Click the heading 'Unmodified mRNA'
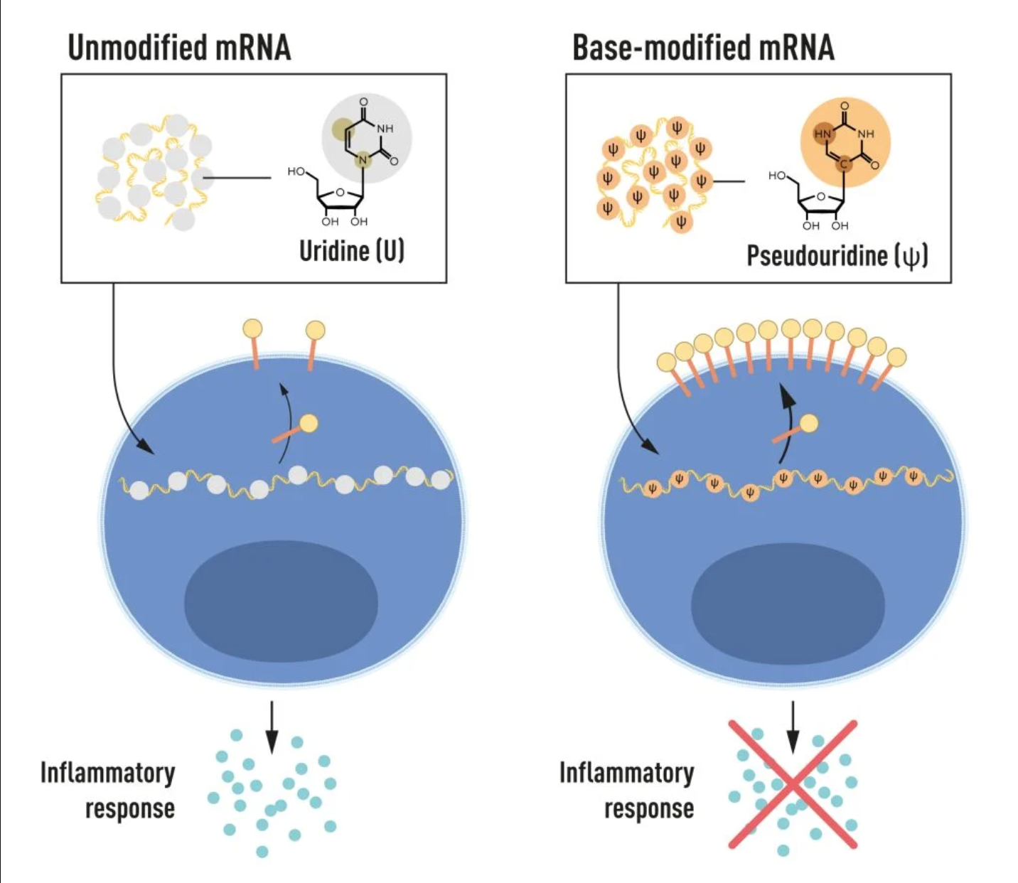pos(179,48)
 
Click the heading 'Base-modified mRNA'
pos(703,48)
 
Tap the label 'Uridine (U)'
pos(351,250)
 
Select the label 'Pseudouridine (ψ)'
pos(837,255)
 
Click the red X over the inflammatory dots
pos(793,784)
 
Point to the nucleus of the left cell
pos(281,601)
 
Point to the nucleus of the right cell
pos(788,601)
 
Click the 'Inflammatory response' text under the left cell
pos(108,790)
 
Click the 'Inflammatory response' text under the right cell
pos(627,790)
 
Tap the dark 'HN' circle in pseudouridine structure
pos(822,134)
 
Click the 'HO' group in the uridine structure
pos(296,171)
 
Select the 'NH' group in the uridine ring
pos(385,129)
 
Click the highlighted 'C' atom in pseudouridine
pos(844,164)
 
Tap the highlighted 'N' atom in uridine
pos(363,159)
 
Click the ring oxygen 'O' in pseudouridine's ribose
pos(820,197)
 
